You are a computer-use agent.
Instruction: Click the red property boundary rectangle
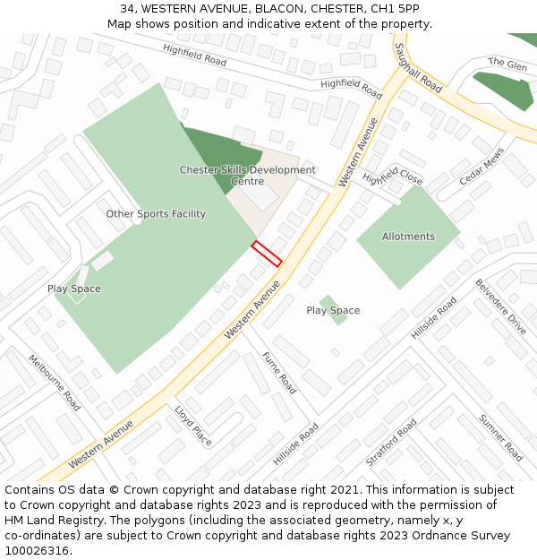267,254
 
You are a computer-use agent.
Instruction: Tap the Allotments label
408,237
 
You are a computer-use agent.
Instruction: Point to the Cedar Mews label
482,166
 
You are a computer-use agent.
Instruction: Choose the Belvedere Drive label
500,306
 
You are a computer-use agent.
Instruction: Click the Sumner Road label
499,437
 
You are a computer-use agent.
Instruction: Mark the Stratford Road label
391,442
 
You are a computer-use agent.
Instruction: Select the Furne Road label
278,373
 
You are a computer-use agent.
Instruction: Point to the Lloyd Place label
193,425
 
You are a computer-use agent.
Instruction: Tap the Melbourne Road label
55,382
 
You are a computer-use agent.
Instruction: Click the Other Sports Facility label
156,214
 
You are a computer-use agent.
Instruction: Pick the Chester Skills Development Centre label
248,176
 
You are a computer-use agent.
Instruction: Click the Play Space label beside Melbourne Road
73,289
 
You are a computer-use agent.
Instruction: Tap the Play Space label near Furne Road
333,310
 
